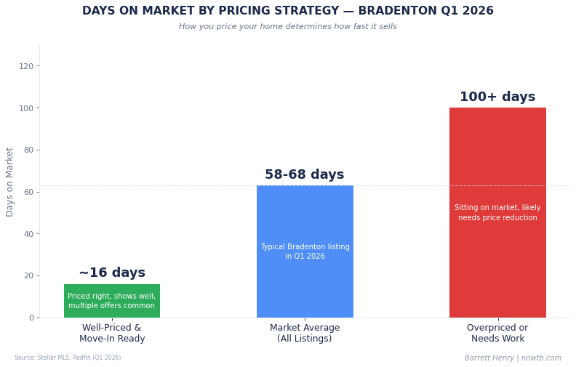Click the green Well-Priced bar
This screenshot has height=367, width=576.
pos(112,300)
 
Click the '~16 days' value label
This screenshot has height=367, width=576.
pos(112,273)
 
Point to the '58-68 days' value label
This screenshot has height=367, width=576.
pos(305,175)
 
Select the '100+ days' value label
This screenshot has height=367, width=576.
pos(497,97)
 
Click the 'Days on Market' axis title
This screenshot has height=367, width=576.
pos(10,182)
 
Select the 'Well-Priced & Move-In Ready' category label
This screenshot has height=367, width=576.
pos(112,334)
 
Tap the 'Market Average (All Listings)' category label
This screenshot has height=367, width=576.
pos(305,334)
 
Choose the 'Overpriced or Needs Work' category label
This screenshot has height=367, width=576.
pos(497,334)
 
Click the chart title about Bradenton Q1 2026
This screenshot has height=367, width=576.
pos(288,12)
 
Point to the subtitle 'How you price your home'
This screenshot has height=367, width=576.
pos(288,27)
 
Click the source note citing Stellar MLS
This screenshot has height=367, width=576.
pos(68,358)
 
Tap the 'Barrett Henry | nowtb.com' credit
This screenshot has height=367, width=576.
pos(513,358)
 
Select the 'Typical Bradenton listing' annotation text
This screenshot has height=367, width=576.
pos(305,251)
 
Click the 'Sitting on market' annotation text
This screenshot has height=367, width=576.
pos(497,212)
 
